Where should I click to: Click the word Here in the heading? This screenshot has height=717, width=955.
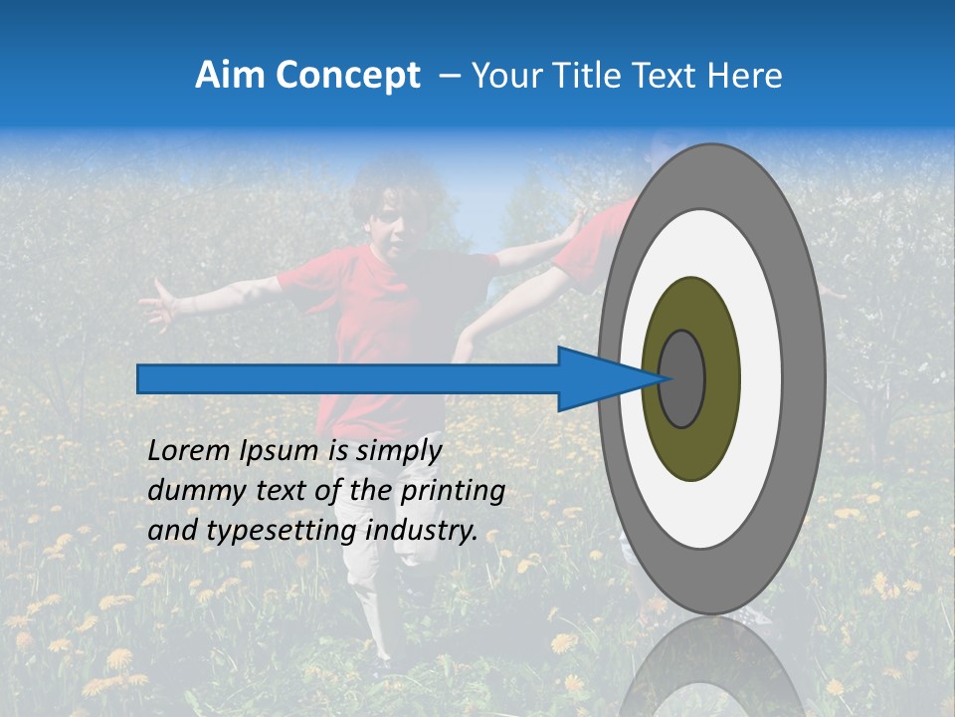click(x=745, y=76)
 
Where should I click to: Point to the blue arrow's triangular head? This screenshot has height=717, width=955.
click(x=602, y=378)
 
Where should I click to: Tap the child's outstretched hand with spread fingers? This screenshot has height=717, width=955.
click(x=158, y=303)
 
